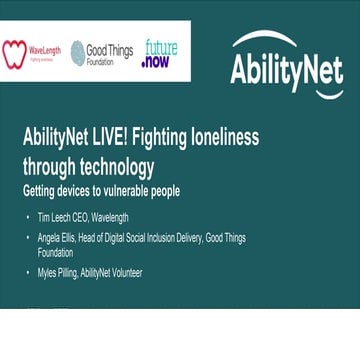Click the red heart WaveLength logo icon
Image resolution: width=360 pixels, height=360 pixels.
14,53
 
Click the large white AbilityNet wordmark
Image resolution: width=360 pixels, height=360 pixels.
286,70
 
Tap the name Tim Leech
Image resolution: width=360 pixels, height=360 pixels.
52,218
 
